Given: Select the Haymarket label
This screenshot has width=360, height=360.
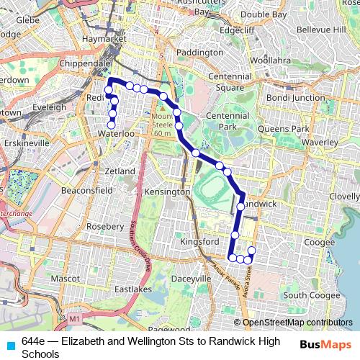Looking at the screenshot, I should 99,37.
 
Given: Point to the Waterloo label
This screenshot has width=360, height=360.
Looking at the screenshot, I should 118,133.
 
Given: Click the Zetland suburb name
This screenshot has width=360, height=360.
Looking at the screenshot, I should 120,171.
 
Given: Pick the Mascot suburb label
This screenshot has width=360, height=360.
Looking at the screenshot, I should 65,277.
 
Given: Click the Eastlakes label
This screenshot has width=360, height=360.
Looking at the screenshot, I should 130,290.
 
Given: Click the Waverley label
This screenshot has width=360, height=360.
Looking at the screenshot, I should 320,143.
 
